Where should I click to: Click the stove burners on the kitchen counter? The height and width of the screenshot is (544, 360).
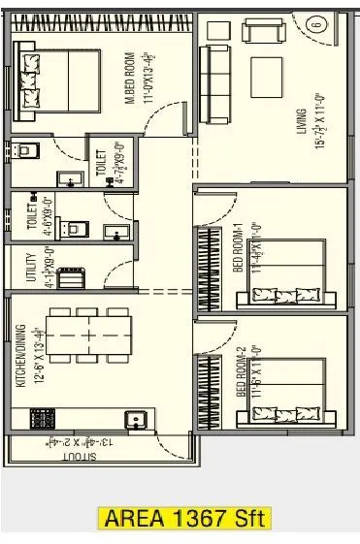[x=43, y=419]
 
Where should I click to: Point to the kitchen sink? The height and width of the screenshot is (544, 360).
[x=138, y=419]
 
